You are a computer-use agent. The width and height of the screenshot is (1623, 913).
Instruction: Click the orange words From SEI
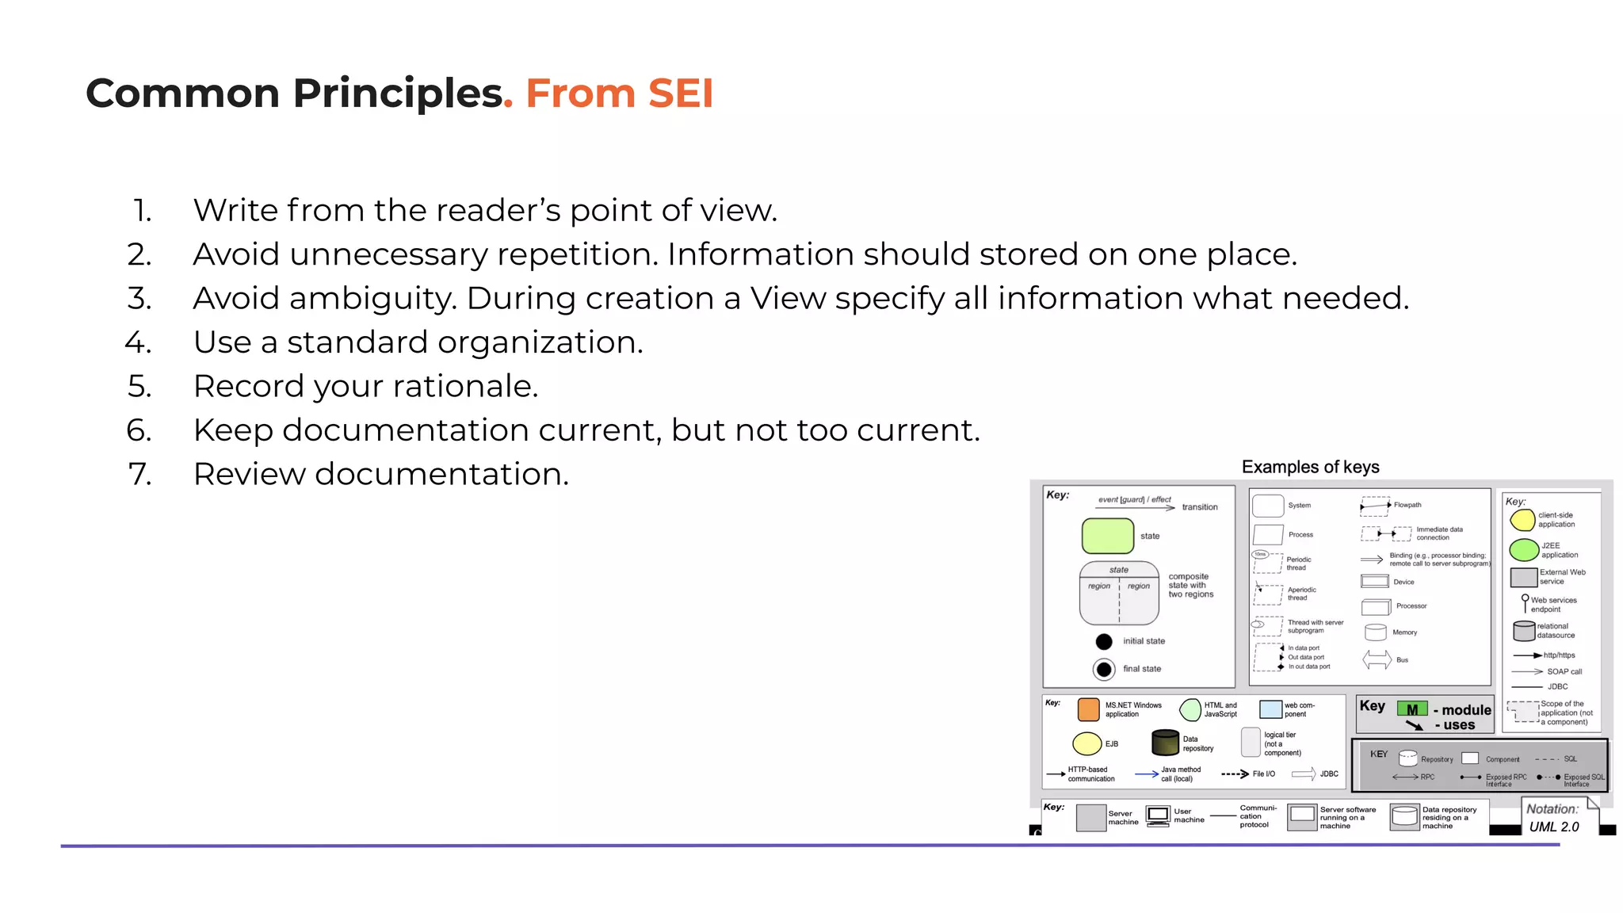coord(619,94)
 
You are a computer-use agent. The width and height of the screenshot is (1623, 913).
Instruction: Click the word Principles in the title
coord(398,94)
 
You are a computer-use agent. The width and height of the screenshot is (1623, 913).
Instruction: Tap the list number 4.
coord(138,343)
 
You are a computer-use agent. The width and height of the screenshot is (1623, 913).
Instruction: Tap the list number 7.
coord(139,475)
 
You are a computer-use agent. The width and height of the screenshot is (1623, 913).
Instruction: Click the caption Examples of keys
coord(1310,467)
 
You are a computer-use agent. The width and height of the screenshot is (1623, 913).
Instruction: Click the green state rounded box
coord(1107,536)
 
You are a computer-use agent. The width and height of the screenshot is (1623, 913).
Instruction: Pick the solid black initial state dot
coord(1104,641)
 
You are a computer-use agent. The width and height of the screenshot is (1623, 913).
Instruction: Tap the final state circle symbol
coord(1104,669)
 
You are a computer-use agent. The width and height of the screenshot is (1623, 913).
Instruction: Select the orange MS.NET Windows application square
coord(1088,709)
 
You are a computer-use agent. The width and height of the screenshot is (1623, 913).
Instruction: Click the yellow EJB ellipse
coord(1086,743)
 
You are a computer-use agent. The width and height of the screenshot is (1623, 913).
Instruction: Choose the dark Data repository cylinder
coord(1165,743)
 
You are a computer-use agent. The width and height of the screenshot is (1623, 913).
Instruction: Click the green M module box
coord(1411,709)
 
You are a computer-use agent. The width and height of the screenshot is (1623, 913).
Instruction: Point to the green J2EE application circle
coord(1523,549)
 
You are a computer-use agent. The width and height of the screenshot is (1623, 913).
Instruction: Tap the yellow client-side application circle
coord(1522,520)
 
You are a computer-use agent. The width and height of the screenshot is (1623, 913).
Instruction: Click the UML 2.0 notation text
coord(1553,827)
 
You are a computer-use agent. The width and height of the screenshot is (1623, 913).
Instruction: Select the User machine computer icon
coord(1158,816)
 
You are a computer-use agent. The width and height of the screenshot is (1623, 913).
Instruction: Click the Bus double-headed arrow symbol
coord(1377,659)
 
